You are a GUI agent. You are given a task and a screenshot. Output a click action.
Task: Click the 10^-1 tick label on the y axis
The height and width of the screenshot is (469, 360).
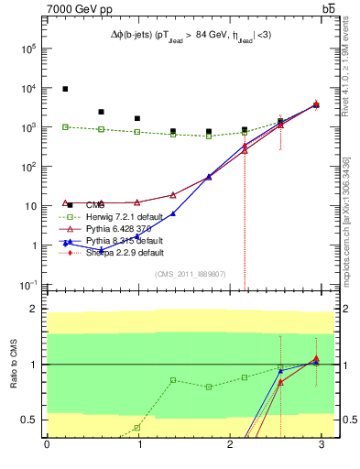28,286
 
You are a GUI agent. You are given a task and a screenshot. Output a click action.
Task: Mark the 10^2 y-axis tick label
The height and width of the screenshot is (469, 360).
28,168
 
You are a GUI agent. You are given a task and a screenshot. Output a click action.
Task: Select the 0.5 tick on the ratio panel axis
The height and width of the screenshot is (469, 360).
34,420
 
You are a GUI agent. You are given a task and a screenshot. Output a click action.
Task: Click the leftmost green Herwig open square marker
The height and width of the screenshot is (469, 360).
65,126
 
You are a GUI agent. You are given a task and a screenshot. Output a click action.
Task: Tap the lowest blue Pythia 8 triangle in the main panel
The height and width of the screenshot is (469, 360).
101,250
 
